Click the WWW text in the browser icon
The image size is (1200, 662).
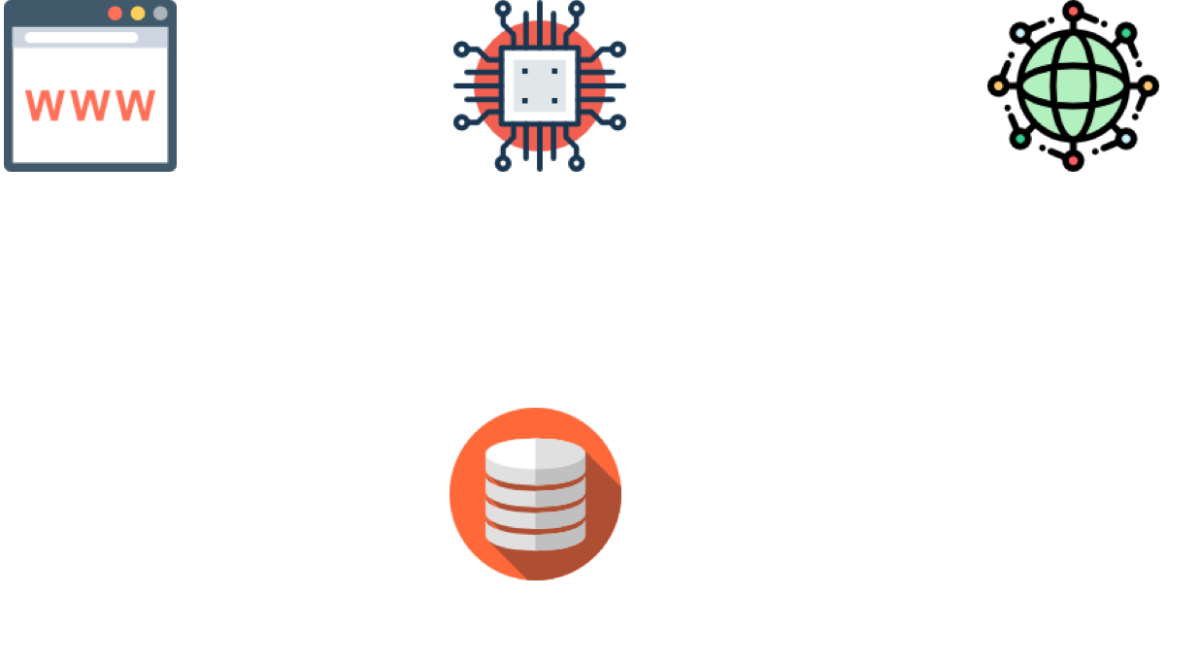click(x=89, y=105)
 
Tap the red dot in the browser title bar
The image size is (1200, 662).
click(x=115, y=13)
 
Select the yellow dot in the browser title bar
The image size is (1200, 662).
click(x=138, y=13)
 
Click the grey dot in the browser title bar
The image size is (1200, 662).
click(x=160, y=13)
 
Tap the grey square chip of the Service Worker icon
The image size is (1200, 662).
click(x=539, y=85)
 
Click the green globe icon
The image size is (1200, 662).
click(x=1073, y=85)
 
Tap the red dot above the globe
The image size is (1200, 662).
click(x=1073, y=11)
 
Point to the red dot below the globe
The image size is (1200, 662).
click(x=1073, y=160)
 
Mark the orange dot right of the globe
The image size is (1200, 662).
click(x=1148, y=85)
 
